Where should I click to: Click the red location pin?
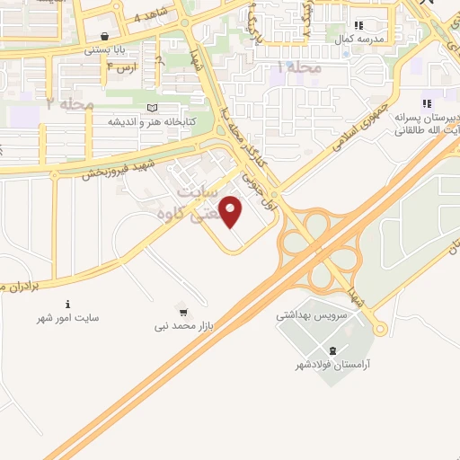(233, 213)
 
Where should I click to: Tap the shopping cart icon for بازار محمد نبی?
(183, 313)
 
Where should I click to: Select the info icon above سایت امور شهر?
(67, 305)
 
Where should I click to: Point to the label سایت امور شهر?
(67, 318)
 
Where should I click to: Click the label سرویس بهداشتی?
(305, 316)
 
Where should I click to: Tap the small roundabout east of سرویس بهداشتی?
(380, 328)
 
